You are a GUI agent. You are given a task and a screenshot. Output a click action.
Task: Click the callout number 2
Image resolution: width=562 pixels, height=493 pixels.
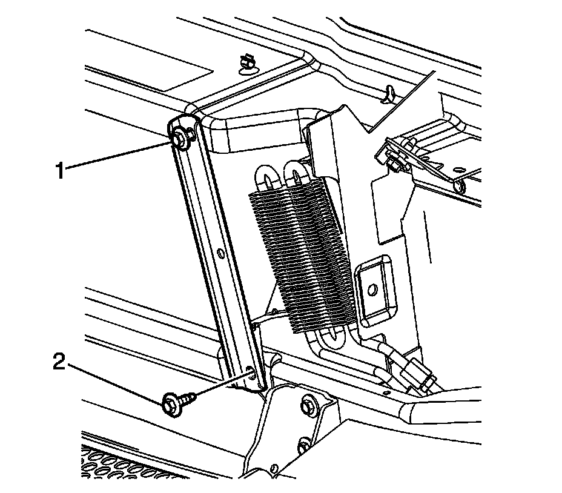(x=59, y=363)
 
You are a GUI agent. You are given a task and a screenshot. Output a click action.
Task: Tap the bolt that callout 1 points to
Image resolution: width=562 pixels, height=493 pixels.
(x=179, y=140)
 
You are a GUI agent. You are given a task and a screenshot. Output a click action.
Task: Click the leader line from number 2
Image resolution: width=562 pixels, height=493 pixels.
(x=115, y=383)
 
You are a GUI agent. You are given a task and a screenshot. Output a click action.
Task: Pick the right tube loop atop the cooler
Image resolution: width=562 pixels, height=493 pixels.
(x=297, y=175)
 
